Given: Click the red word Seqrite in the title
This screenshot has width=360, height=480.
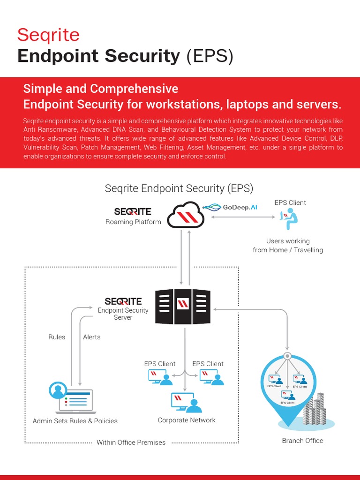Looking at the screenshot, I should coord(48,35).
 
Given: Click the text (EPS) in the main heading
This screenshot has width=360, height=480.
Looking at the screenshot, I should coord(209,56).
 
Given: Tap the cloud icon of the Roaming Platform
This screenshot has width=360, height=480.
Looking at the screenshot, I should coord(186,216).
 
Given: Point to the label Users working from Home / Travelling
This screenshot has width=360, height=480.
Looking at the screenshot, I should coord(288,245).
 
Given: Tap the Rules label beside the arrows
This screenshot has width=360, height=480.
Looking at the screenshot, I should coord(57,337).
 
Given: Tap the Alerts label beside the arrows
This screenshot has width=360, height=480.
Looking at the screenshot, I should coord(91,337).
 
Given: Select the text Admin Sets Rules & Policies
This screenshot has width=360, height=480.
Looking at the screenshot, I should coord(75,421).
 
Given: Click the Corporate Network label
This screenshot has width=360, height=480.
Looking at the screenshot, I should coord(187,420).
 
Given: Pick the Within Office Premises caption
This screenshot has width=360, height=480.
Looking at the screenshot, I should coord(131,442).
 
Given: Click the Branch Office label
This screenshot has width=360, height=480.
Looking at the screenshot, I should coord(302,441).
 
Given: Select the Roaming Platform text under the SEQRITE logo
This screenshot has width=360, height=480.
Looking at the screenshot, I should coord(133,222).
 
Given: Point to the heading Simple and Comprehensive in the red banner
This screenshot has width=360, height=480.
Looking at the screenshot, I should coord(101,89).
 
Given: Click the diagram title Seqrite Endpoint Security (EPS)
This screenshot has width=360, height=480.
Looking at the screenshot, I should coord(179,188).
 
